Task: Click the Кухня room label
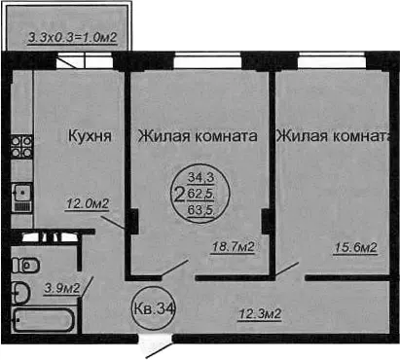click(90, 135)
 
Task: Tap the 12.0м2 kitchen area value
click(88, 203)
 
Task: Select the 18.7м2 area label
click(233, 247)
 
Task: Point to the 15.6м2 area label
click(355, 248)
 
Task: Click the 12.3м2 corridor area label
click(260, 314)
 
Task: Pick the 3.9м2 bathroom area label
click(61, 288)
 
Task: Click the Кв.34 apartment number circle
click(153, 308)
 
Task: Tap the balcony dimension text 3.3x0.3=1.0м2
click(72, 37)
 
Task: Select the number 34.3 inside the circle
click(201, 177)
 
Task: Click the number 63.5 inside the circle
click(201, 210)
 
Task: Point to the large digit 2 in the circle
click(179, 195)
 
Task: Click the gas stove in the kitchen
click(21, 146)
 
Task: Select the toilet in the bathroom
click(25, 266)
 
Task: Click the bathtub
click(43, 320)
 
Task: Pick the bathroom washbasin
click(21, 293)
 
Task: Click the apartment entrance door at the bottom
click(155, 344)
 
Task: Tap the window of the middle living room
click(207, 61)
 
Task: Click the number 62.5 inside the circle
click(201, 194)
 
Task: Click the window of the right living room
click(332, 61)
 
